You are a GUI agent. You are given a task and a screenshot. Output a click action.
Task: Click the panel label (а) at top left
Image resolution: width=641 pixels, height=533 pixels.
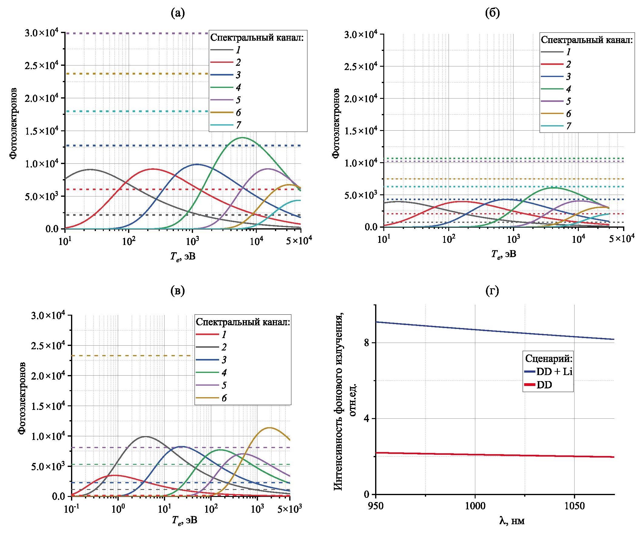tap(178, 14)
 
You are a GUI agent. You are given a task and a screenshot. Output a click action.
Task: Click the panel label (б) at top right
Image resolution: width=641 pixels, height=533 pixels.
tap(492, 14)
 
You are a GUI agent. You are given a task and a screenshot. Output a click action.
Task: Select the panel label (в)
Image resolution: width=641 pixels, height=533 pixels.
tap(178, 291)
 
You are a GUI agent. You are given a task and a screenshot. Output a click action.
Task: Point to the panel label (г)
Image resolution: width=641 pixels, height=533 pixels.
tap(492, 291)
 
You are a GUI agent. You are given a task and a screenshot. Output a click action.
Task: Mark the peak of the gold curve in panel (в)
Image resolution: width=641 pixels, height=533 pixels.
tap(269, 427)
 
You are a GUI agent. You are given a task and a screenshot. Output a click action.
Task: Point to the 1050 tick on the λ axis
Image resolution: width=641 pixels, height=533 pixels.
tap(575, 507)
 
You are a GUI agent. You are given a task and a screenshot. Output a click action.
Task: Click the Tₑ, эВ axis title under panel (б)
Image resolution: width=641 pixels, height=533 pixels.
tap(504, 254)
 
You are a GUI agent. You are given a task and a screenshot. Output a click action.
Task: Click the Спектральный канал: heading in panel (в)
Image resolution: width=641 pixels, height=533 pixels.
tap(243, 322)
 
